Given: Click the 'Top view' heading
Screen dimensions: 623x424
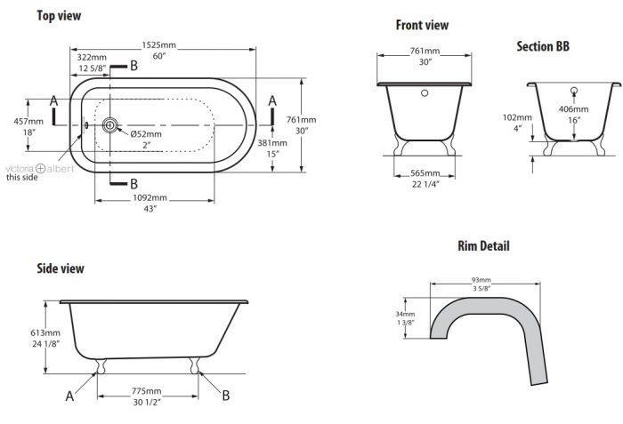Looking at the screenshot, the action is (59, 15).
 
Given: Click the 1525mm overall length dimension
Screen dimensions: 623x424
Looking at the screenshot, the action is (159, 45).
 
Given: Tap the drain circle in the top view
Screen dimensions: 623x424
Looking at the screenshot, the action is (109, 125).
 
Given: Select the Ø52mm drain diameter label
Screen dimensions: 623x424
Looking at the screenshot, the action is (146, 134).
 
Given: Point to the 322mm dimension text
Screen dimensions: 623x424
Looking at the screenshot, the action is (92, 57).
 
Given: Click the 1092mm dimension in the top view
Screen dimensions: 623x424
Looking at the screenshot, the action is (150, 197).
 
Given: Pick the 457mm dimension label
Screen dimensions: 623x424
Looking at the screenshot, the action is (28, 121).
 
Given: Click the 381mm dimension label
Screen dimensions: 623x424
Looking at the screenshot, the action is (272, 143).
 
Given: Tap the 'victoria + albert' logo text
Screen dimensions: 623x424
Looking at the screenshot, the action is (40, 168).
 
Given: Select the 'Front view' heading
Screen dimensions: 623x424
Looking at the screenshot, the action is (422, 25).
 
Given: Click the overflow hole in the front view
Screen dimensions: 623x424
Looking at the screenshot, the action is (425, 93).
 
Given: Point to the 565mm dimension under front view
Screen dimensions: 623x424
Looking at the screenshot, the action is (425, 173).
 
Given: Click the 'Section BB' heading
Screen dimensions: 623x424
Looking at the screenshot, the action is (543, 46).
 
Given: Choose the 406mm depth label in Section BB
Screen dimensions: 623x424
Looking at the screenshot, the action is (573, 109).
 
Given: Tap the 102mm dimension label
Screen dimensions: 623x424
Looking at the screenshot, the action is (517, 117).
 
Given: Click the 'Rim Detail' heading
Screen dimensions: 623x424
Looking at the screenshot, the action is (483, 245).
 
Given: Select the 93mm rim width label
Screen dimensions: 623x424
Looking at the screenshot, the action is (481, 280).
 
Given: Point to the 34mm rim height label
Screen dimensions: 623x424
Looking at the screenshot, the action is (405, 314).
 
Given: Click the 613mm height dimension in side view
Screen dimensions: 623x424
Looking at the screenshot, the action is (45, 332).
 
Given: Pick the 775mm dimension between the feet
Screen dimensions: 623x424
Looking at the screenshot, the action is (147, 391).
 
